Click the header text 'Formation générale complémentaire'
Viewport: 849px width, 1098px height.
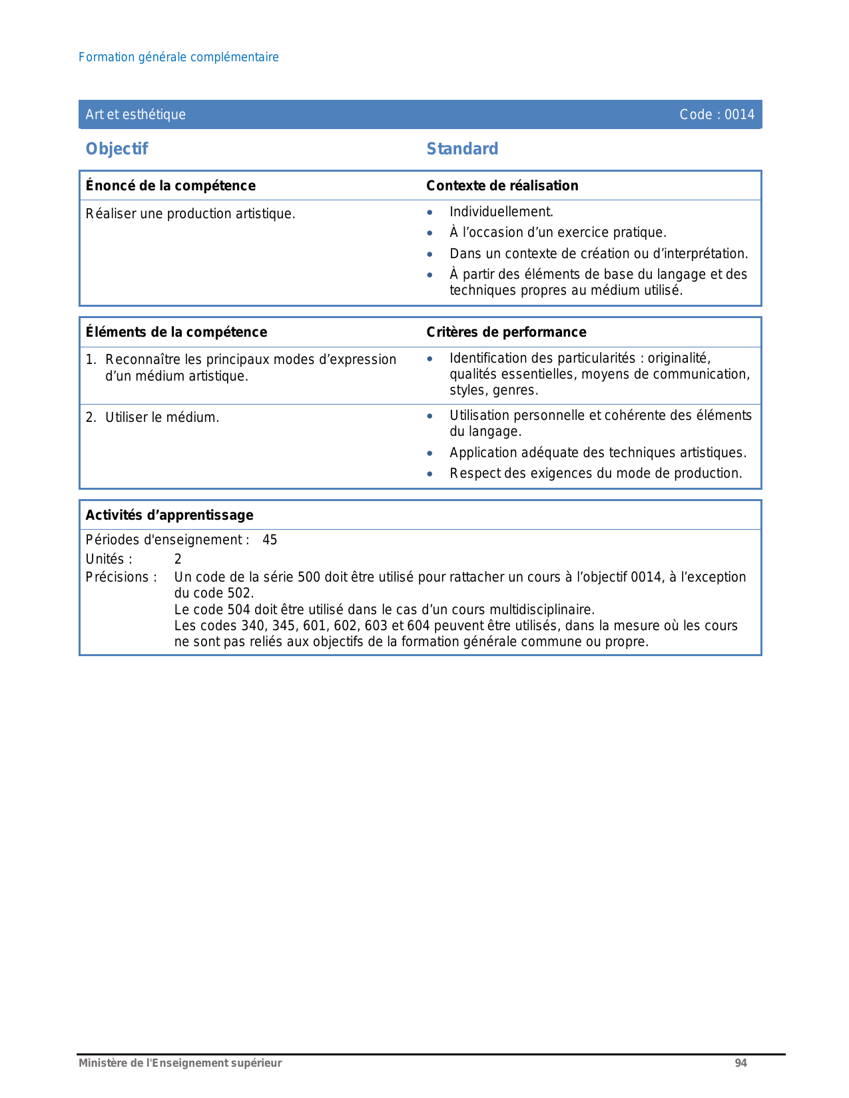(178, 57)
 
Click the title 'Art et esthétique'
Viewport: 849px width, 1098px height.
(136, 114)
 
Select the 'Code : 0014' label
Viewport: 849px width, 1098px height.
(716, 114)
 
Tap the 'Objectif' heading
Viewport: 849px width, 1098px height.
(117, 149)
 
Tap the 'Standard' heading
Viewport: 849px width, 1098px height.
(462, 149)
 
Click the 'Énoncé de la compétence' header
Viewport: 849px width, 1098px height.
(170, 186)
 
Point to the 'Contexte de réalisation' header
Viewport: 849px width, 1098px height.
(502, 186)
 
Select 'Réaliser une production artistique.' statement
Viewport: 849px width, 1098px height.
(190, 214)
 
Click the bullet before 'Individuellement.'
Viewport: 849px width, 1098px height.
(430, 213)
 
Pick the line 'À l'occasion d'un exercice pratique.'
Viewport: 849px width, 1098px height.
(557, 232)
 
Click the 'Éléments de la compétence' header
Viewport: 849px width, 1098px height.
(176, 332)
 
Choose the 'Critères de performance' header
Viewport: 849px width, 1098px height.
(506, 332)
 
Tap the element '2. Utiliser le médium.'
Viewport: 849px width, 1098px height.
(152, 417)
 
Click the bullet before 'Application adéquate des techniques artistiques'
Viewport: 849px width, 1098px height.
(430, 454)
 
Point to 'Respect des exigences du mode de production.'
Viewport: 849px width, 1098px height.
(595, 473)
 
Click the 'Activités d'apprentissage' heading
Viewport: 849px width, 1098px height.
(170, 515)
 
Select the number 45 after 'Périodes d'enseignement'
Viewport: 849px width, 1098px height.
(270, 540)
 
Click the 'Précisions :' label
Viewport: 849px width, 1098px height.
(121, 577)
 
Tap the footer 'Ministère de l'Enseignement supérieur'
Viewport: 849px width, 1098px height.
(180, 1063)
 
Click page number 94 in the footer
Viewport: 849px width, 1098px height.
(740, 1063)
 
